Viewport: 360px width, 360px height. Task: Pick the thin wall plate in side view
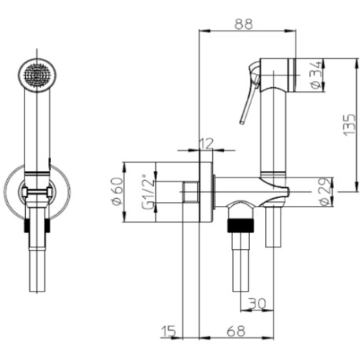pyautogui.click(x=206, y=192)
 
